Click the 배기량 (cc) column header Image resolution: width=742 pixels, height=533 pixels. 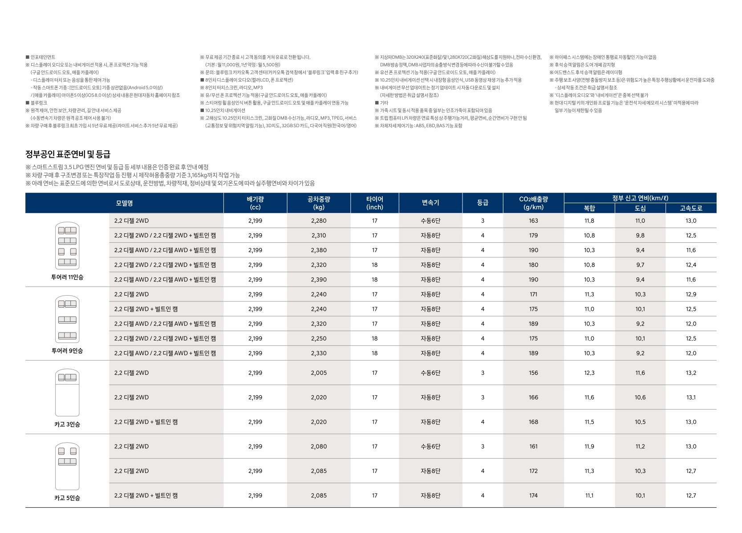255,203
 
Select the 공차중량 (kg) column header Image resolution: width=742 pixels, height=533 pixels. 319,203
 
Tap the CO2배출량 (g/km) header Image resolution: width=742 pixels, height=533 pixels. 533,203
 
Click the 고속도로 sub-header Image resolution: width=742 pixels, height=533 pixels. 691,208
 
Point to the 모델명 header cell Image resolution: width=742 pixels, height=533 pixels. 124,203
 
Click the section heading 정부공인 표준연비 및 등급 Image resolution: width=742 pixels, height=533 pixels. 68,154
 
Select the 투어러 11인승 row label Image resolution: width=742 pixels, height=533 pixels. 67,277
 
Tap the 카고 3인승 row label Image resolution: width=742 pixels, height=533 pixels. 67,424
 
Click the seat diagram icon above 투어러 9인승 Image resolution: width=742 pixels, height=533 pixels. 67,319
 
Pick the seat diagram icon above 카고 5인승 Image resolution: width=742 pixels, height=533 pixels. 67,466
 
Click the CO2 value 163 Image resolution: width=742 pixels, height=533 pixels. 533,220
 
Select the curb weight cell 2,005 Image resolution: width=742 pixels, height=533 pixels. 319,373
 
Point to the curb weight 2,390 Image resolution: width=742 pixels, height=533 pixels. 319,280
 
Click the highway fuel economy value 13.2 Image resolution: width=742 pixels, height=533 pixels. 691,373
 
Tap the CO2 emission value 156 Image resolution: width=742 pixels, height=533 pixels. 533,373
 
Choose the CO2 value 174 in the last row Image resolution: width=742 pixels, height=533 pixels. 533,495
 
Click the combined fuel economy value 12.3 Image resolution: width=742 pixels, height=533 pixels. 589,373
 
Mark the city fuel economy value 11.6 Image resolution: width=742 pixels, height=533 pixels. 640,373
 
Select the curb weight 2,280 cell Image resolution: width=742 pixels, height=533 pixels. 319,220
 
